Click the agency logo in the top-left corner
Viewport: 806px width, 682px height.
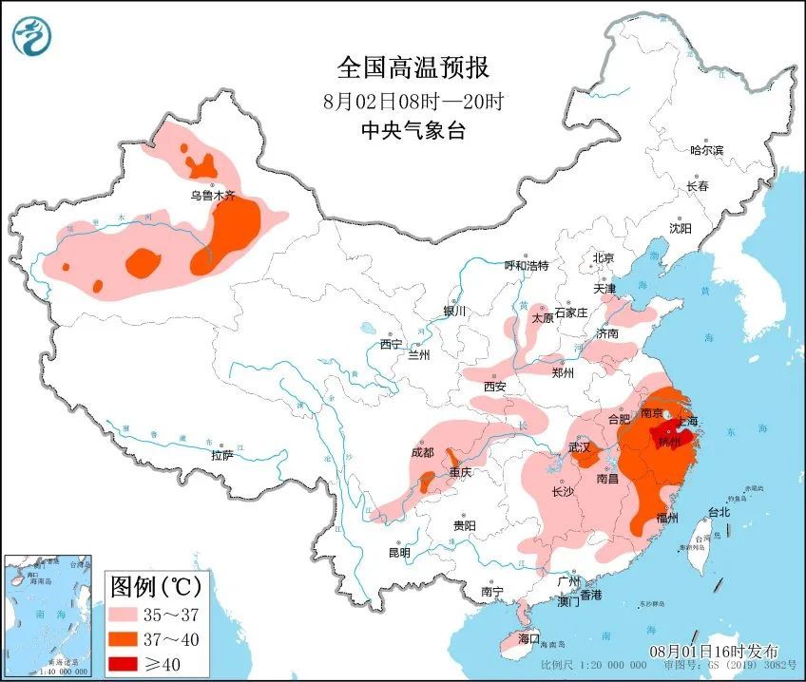click(32, 36)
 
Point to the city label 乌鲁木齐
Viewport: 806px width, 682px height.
click(211, 196)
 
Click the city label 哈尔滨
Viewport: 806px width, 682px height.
click(706, 150)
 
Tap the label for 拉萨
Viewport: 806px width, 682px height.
click(221, 456)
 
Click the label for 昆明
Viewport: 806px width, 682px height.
click(399, 553)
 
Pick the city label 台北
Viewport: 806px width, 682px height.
click(719, 512)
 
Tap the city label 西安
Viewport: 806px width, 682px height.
click(494, 387)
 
